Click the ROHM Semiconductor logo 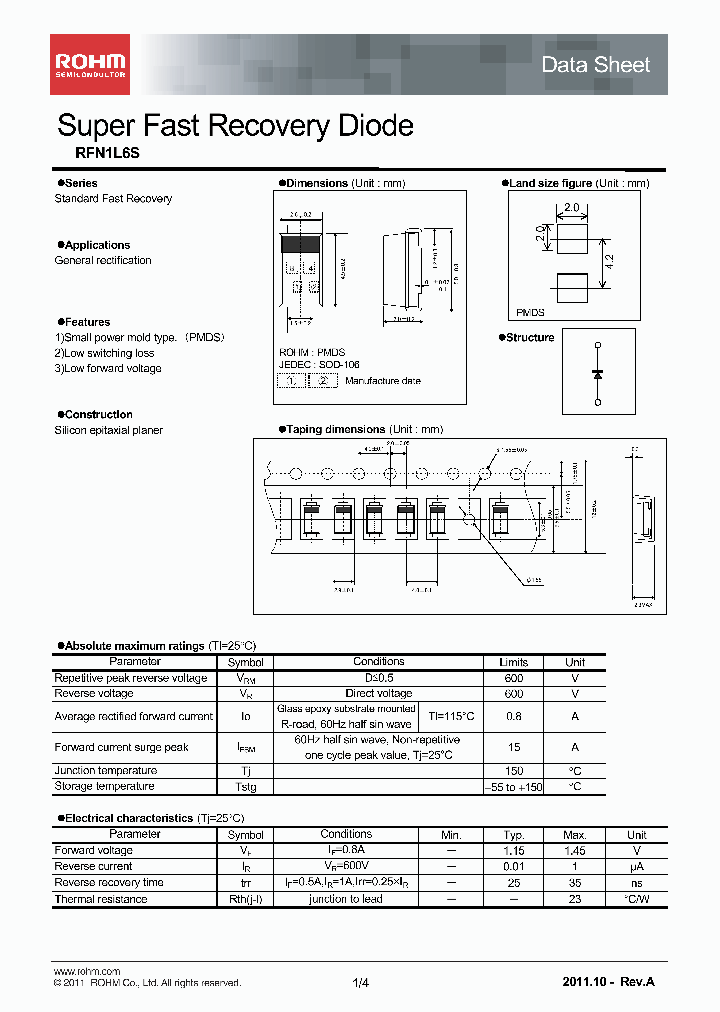coord(90,64)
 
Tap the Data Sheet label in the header coord(595,65)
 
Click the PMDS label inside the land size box coord(530,312)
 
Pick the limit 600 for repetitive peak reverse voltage coord(513,678)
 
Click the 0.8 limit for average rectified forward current coord(513,716)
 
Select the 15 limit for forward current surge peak coord(513,747)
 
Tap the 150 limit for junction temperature coord(513,771)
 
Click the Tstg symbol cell coord(245,787)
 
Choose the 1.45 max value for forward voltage coord(574,851)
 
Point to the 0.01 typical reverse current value coord(514,867)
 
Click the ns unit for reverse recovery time coord(636,883)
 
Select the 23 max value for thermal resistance coord(574,900)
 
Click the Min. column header coord(452,835)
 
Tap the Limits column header coord(513,662)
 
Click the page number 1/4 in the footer coord(361,984)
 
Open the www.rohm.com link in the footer coord(86,972)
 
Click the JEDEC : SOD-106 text coord(319,365)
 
